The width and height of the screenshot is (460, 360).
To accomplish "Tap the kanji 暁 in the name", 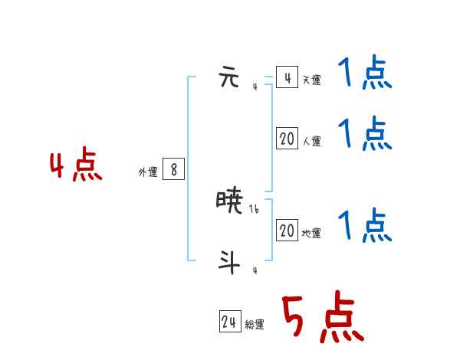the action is (230, 201).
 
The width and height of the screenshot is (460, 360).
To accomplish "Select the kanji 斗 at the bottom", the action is (229, 262).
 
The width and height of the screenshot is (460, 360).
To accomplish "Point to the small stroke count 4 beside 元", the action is (255, 87).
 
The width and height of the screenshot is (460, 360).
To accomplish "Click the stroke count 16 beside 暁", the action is (255, 208).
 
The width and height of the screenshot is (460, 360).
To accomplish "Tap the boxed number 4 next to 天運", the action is (287, 77).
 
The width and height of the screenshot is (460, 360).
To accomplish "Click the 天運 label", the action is (311, 80).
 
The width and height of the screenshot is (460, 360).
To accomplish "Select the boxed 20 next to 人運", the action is (287, 139).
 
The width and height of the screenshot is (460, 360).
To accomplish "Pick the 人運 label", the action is (311, 141).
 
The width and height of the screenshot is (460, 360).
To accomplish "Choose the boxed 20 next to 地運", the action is (287, 231).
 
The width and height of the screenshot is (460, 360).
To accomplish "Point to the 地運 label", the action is (311, 233).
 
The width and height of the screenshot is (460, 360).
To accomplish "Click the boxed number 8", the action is (174, 170).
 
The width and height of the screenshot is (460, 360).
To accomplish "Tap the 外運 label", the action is (148, 172).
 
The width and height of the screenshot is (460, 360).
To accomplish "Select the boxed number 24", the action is (229, 322).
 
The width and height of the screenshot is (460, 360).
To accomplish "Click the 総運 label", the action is (255, 325).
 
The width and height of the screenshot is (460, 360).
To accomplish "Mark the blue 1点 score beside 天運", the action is (365, 74).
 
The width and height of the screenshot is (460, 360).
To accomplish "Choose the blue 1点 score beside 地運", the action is (365, 225).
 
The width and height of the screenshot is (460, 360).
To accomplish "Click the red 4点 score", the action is (76, 166).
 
